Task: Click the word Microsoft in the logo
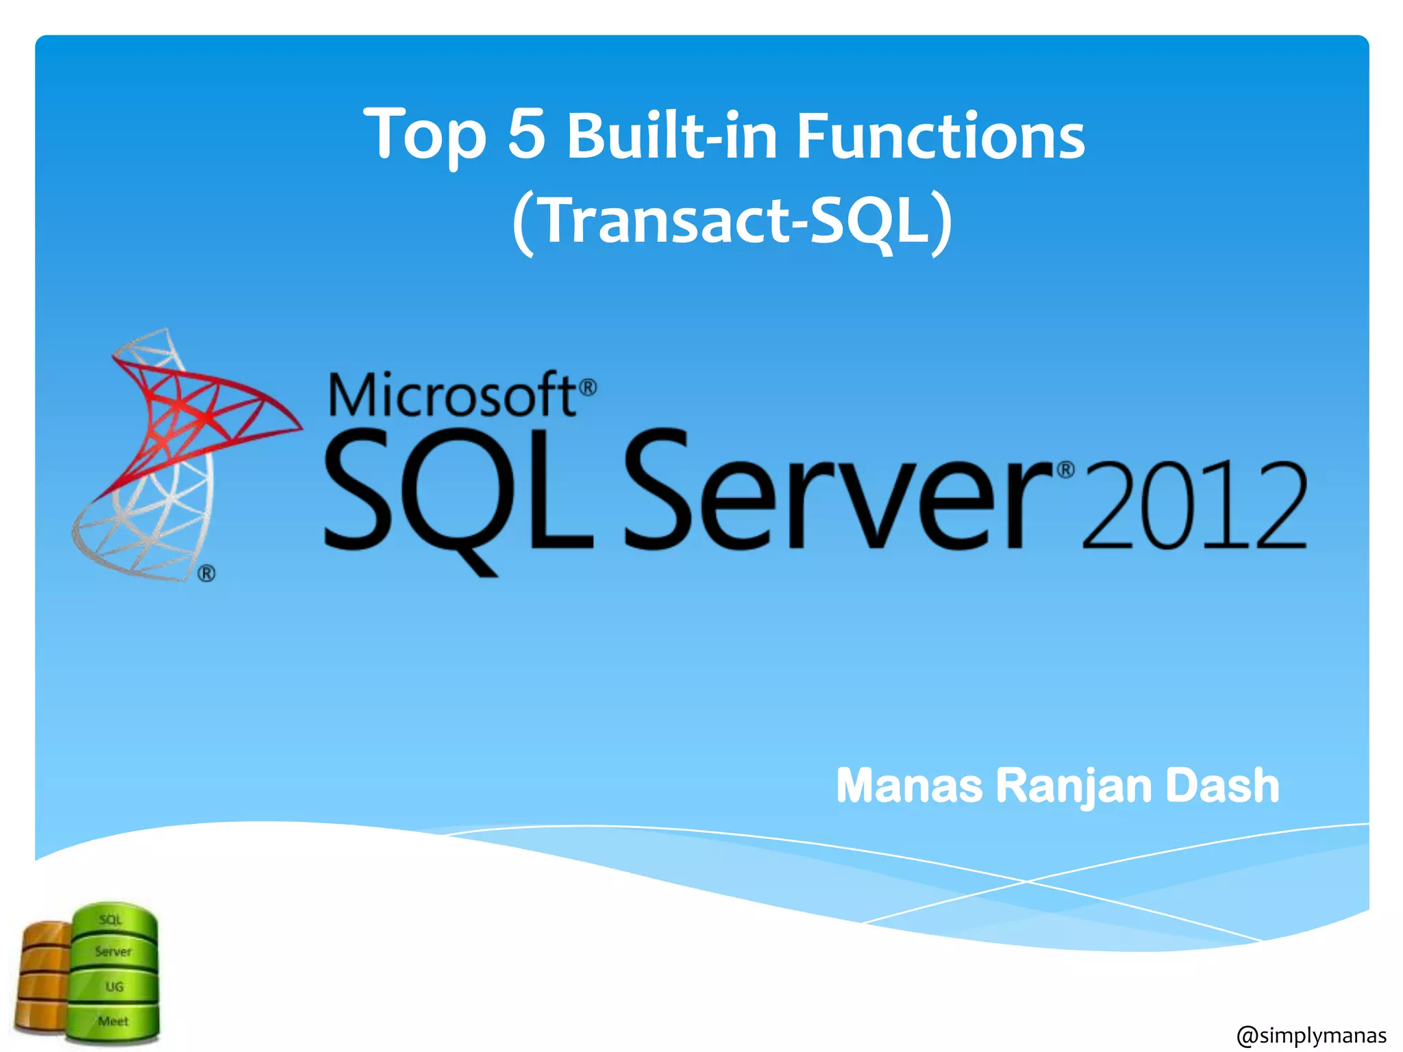[x=452, y=395]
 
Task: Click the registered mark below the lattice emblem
[x=207, y=573]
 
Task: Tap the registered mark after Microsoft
[x=588, y=388]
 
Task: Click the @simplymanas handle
[x=1311, y=1034]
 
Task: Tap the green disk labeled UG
[x=114, y=986]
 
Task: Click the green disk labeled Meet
[x=113, y=1021]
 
